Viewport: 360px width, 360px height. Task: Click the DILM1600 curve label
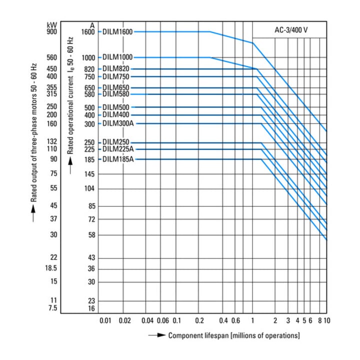(x=117, y=31)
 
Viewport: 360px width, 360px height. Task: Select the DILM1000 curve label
(x=117, y=57)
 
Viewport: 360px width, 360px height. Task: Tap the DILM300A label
(x=118, y=123)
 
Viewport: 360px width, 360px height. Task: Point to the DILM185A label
(x=118, y=159)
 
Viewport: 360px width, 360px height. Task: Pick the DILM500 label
(x=115, y=107)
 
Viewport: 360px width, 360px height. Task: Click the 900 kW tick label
(x=52, y=31)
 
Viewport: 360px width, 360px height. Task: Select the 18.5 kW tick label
(x=51, y=268)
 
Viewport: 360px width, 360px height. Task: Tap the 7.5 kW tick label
(x=53, y=307)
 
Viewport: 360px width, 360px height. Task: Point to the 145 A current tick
(x=89, y=174)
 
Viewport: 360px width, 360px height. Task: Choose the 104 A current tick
(x=89, y=188)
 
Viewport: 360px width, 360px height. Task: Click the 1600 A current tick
(x=88, y=32)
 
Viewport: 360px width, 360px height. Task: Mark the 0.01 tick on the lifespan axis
(x=105, y=320)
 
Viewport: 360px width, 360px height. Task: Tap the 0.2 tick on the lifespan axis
(x=199, y=320)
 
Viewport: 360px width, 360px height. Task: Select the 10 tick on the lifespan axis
(x=327, y=320)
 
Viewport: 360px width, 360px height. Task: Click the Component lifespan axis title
(x=234, y=335)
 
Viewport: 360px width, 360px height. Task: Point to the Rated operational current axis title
(x=70, y=95)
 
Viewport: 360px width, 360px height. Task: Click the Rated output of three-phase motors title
(x=34, y=132)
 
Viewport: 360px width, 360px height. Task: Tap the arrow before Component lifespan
(x=157, y=335)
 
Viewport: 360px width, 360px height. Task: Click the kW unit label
(x=52, y=25)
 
